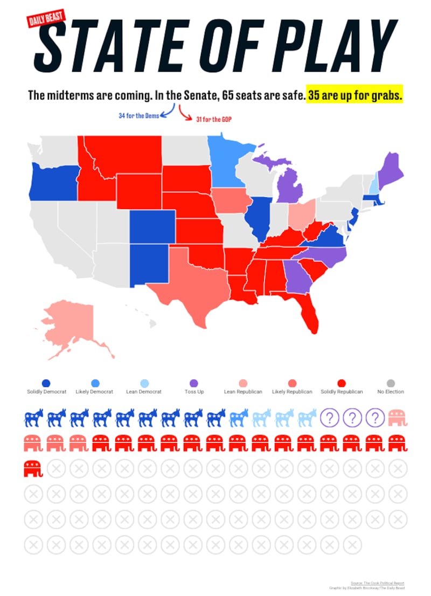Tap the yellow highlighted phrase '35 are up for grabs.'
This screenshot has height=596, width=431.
tap(355, 96)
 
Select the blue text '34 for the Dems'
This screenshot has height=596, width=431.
tap(138, 116)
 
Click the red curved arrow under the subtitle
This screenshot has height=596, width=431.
tap(185, 112)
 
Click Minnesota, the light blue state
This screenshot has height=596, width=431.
tap(226, 162)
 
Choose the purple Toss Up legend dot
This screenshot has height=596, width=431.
tap(194, 383)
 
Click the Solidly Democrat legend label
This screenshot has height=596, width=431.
tap(47, 392)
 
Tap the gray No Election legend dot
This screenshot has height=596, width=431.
tap(391, 383)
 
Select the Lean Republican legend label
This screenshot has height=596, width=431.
tap(243, 392)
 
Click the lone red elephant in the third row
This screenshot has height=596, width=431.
tap(33, 468)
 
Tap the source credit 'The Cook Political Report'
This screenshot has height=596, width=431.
tap(383, 583)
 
